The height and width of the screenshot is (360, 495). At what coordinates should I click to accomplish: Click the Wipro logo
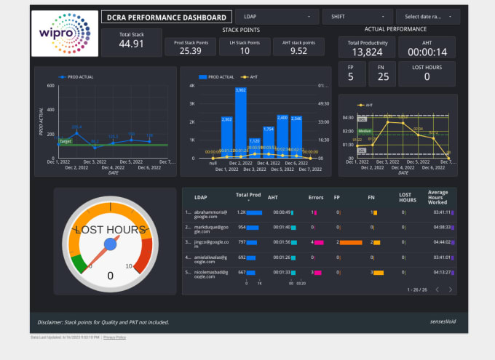pyautogui.click(x=65, y=33)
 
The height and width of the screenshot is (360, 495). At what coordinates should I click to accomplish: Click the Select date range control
pyautogui.click(x=427, y=15)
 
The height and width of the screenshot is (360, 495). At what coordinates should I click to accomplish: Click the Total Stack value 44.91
pyautogui.click(x=132, y=44)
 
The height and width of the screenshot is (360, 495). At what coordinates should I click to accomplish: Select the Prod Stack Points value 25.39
pyautogui.click(x=191, y=51)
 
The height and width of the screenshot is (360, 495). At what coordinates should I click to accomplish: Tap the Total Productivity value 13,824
pyautogui.click(x=368, y=52)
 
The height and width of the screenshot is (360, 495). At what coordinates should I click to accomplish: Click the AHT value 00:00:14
pyautogui.click(x=427, y=52)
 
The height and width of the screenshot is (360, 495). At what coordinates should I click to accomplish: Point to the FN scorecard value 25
pyautogui.click(x=383, y=77)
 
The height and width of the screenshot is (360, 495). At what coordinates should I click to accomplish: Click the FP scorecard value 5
pyautogui.click(x=352, y=77)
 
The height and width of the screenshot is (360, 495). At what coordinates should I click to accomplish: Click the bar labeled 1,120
pyautogui.click(x=255, y=148)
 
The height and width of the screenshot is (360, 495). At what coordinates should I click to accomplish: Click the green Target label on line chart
pyautogui.click(x=66, y=142)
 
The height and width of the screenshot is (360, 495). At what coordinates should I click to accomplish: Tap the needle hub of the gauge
pyautogui.click(x=111, y=246)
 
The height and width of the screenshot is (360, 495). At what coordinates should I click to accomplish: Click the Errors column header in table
pyautogui.click(x=317, y=197)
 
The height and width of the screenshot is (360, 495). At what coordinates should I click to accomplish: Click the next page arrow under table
pyautogui.click(x=451, y=289)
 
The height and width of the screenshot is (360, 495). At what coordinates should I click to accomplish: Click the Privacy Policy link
pyautogui.click(x=114, y=337)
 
